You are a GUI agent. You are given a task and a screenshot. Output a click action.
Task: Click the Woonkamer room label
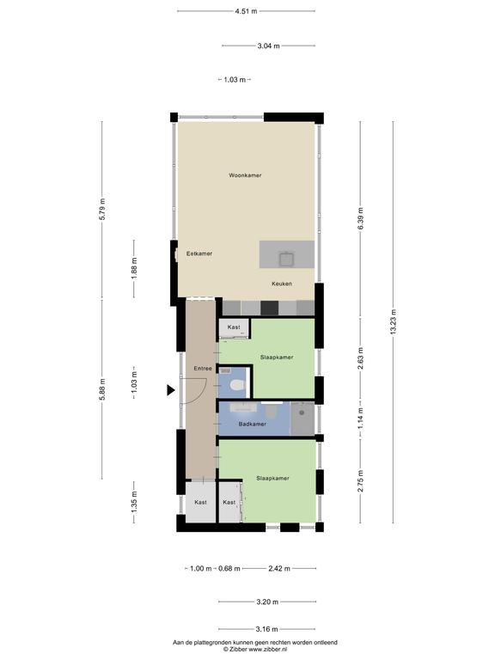coord(245,175)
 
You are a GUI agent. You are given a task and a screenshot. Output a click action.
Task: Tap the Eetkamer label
coord(199,254)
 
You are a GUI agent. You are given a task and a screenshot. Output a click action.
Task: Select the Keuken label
coord(282,284)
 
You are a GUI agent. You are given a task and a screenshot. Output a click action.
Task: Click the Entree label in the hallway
coord(203,369)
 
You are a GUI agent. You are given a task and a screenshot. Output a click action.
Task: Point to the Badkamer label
coord(252,424)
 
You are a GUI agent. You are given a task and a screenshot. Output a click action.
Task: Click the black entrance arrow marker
coord(170,390)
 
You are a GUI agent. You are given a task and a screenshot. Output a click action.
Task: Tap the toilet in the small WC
coord(238,385)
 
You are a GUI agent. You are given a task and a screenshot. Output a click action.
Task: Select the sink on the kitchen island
coord(287,259)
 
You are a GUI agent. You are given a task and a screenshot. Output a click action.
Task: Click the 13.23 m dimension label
coord(393,322)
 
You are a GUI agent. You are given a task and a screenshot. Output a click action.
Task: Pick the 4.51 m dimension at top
coord(246,11)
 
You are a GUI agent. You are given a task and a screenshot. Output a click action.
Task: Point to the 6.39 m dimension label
coord(360,218)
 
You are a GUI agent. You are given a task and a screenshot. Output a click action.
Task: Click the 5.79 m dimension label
coord(102,209)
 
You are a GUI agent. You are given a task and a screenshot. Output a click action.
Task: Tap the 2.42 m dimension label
coord(279,569)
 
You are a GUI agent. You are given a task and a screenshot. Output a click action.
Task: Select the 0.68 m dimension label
coord(229,569)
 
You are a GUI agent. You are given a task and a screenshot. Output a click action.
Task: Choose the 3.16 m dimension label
coord(266,629)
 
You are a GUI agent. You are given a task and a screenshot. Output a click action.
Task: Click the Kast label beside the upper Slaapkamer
coord(234,327)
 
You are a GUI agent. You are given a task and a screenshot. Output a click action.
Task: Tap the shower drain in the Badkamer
coord(302,412)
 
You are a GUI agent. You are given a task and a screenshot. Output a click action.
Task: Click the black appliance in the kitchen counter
coord(269,308)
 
